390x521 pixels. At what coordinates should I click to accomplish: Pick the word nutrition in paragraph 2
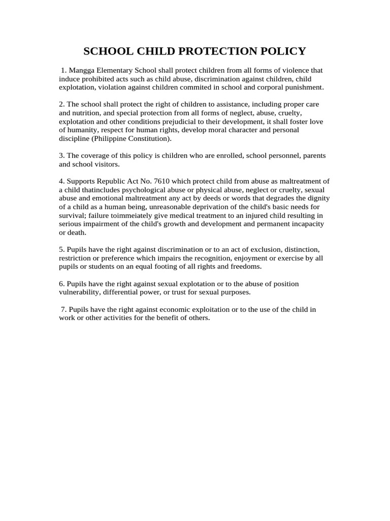pos(89,113)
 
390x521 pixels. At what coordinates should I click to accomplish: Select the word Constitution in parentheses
pos(150,138)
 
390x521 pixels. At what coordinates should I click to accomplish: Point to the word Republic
pos(107,181)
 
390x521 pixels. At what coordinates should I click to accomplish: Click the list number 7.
pos(63,309)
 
